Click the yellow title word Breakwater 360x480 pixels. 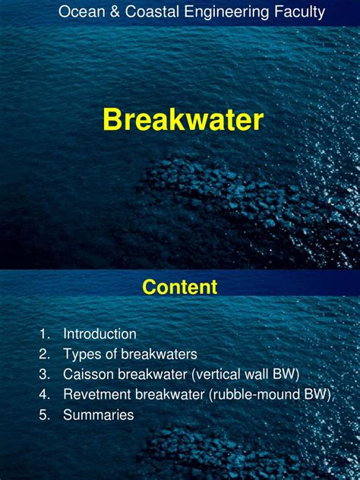tap(183, 120)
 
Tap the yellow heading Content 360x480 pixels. tap(180, 287)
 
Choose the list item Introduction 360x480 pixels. tap(99, 333)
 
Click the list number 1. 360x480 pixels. tap(43, 333)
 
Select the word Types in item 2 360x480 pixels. tap(80, 354)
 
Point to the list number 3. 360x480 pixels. tap(43, 374)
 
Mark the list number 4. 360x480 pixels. tap(43, 395)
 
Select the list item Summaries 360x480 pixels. tap(98, 415)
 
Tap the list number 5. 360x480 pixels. tap(43, 415)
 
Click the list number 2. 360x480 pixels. tap(43, 354)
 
